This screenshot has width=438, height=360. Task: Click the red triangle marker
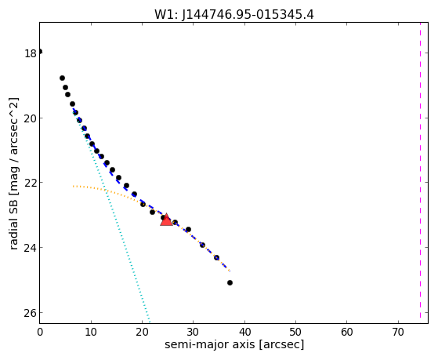(166, 220)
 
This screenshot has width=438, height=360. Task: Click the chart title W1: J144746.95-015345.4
(234, 14)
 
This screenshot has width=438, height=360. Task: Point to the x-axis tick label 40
(244, 332)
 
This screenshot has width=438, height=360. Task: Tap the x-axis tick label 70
(398, 332)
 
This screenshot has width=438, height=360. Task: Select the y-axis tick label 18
(31, 53)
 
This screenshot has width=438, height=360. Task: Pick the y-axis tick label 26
(31, 313)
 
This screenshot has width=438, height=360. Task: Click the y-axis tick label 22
(31, 183)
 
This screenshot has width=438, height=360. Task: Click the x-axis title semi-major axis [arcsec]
(234, 344)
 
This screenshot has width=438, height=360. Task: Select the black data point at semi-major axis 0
(40, 52)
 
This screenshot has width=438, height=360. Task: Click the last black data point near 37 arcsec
(230, 283)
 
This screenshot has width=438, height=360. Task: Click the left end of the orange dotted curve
(73, 186)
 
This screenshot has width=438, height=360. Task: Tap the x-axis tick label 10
(91, 332)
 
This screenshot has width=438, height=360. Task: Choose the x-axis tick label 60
(346, 332)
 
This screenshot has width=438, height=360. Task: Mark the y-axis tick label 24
(31, 248)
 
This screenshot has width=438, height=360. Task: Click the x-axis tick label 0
(40, 332)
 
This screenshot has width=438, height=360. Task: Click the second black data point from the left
(63, 78)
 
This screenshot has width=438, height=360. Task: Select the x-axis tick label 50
(295, 332)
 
